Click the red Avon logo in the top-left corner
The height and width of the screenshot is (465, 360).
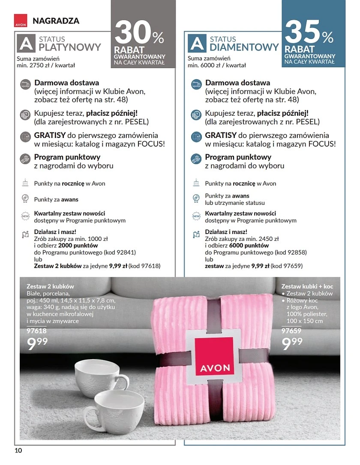click(21, 21)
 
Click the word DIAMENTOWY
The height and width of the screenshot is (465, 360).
click(244, 47)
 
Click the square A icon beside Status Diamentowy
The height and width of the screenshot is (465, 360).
click(197, 44)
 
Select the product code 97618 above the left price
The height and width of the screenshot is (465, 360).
click(36, 331)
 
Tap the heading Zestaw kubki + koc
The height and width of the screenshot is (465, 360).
click(307, 286)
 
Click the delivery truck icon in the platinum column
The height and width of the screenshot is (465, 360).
click(26, 84)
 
